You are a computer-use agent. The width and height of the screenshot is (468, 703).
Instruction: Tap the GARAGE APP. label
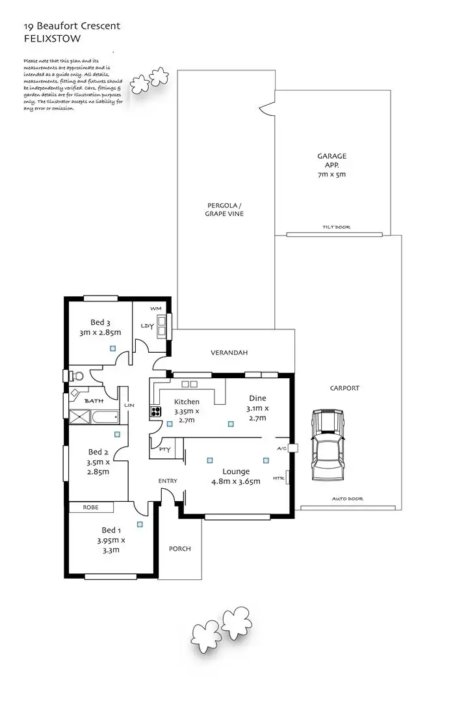[x=331, y=165]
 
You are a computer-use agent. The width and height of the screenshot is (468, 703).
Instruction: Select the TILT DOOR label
[x=336, y=227]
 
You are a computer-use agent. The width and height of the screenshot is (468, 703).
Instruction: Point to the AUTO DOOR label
[x=348, y=499]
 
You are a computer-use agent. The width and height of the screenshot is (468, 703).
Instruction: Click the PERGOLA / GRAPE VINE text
[x=224, y=210]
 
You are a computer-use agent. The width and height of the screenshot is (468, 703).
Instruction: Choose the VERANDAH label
[x=229, y=353]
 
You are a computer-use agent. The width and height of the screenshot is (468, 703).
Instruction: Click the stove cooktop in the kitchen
[x=156, y=411]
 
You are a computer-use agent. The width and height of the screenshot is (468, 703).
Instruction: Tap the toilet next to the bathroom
[x=77, y=376]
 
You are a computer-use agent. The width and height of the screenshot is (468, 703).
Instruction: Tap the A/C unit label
[x=281, y=448]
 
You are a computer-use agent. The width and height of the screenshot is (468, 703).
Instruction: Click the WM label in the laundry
[x=155, y=308]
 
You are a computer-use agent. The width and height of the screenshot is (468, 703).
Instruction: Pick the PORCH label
[x=180, y=549]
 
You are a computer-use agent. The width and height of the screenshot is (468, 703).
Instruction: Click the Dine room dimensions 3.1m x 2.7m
[x=257, y=413]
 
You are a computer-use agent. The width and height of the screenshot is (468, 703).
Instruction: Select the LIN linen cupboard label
[x=129, y=405]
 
